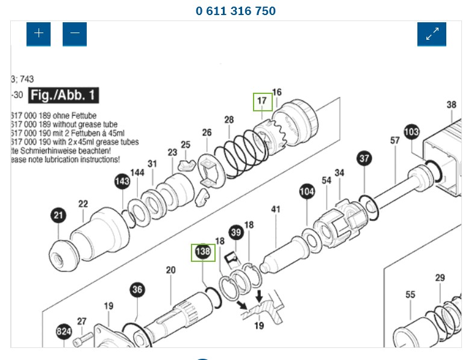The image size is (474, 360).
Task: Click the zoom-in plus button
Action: pos(39,34)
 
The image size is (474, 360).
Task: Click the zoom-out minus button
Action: pos(75,34)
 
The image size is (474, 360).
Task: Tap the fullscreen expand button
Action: pos(432,34)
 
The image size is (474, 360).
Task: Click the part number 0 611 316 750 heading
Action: pos(235,11)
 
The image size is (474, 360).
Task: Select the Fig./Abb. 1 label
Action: pos(63,95)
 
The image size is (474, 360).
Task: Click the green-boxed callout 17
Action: pos(262,101)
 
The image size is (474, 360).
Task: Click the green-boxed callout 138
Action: pos(202,252)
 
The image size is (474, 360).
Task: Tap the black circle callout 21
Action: pos(58,216)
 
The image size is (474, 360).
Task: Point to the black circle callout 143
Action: pos(122,181)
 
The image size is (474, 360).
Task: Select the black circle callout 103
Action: pos(411,131)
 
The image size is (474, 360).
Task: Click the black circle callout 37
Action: pos(364,159)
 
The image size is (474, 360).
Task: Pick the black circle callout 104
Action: pos(307,192)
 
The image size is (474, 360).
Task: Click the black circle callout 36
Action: pos(137,290)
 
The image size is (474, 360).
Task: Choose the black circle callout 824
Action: pos(64,331)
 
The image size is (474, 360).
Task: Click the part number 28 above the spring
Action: pos(229,120)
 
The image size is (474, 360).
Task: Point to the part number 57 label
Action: pos(394,141)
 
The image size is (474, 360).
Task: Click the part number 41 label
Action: pos(276,209)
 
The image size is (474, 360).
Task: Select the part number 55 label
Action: pos(410,294)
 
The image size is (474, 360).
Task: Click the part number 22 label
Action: pos(83,204)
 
